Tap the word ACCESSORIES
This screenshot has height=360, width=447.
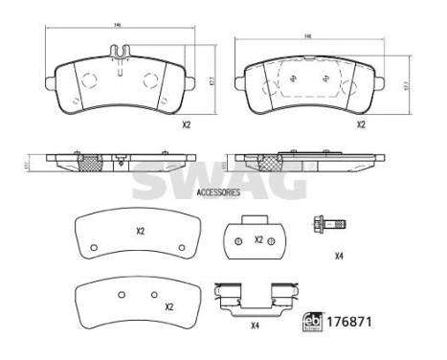[x=219, y=192]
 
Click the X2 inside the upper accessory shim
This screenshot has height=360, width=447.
[x=140, y=231]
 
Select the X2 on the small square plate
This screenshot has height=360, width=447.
[x=258, y=239]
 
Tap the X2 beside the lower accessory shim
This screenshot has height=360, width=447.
[x=168, y=306]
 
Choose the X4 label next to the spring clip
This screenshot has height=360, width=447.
[x=255, y=326]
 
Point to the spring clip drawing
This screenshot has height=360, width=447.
[x=256, y=298]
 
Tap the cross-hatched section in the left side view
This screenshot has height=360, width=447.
[x=92, y=162]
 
